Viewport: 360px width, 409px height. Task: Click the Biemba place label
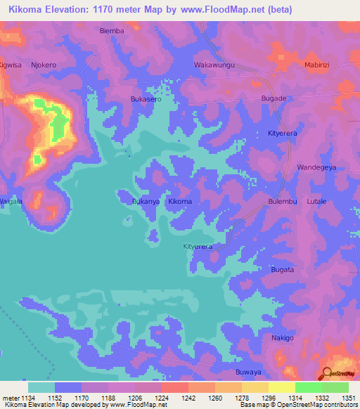[112, 31]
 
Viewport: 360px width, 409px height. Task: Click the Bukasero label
[146, 100]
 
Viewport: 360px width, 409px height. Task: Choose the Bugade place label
[274, 98]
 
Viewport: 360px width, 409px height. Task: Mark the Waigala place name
[12, 201]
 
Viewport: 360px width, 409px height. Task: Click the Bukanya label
[147, 202]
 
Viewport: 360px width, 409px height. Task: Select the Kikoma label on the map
[180, 202]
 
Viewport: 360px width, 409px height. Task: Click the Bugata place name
[283, 270]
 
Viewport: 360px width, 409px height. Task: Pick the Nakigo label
[283, 338]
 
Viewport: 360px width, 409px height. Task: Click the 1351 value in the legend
[349, 397]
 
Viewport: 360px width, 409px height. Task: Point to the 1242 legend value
[188, 397]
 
